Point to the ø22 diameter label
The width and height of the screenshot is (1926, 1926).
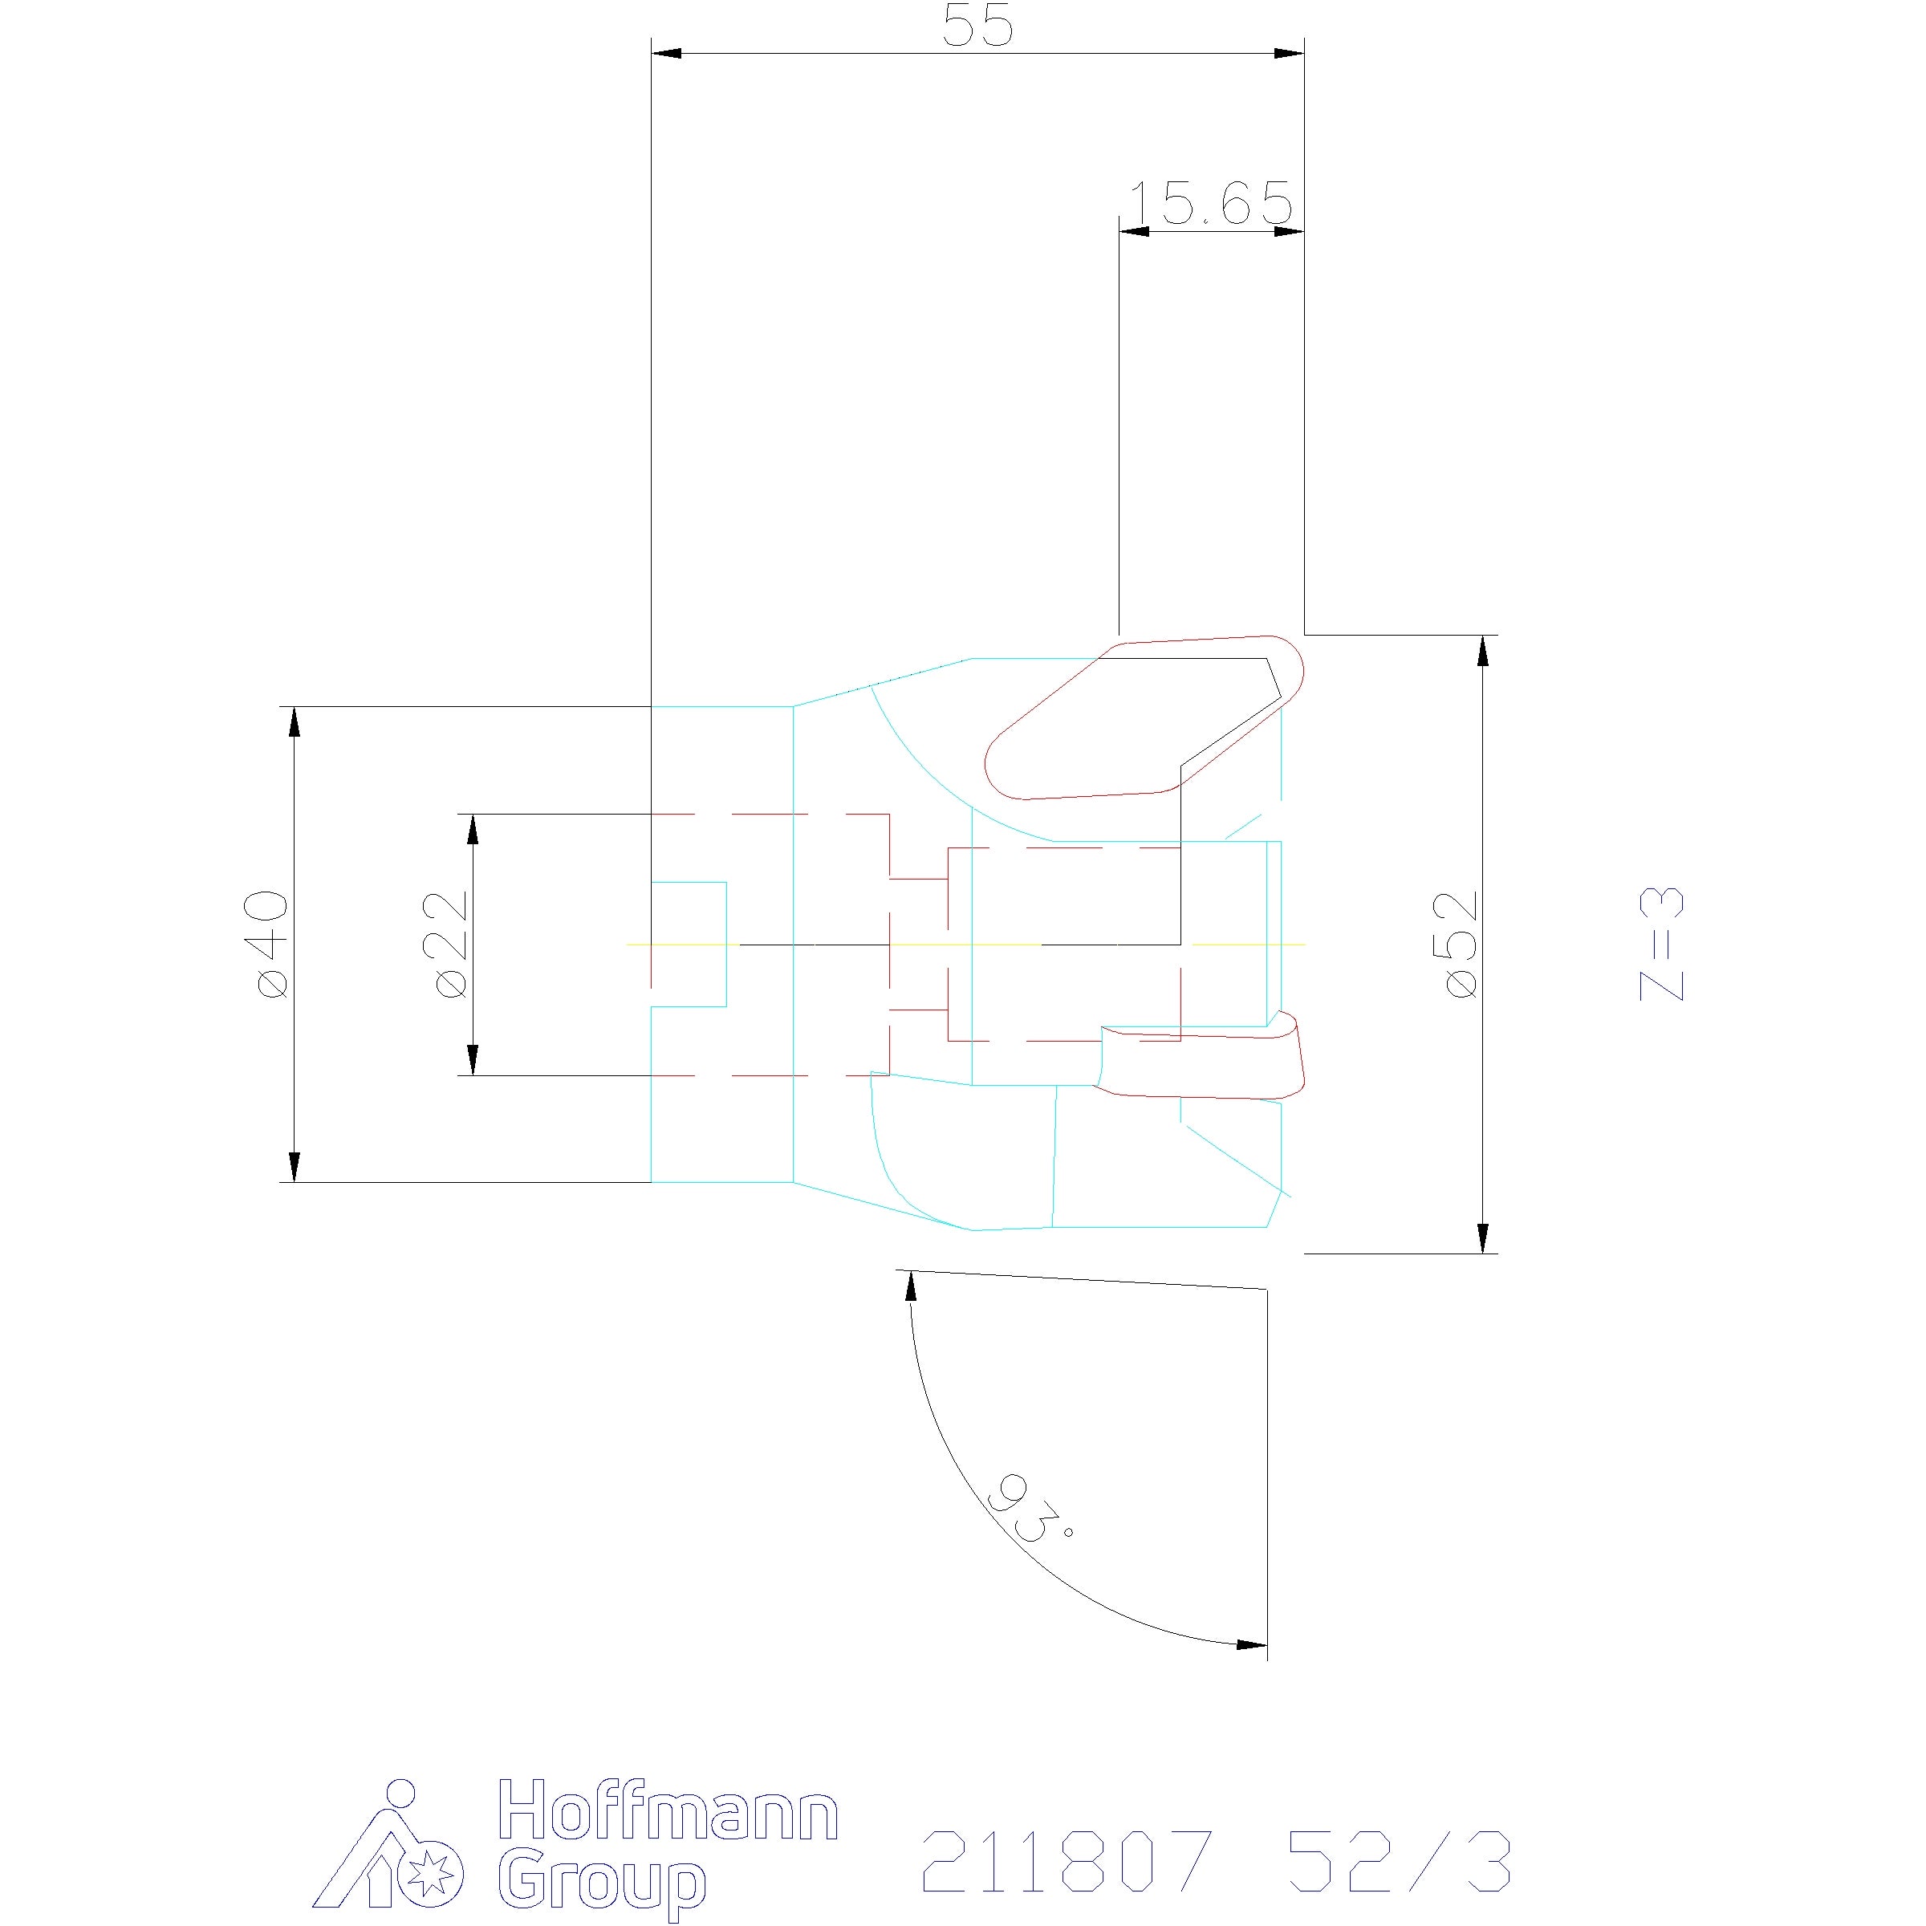450,942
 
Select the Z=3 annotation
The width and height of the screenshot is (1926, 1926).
1662,942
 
